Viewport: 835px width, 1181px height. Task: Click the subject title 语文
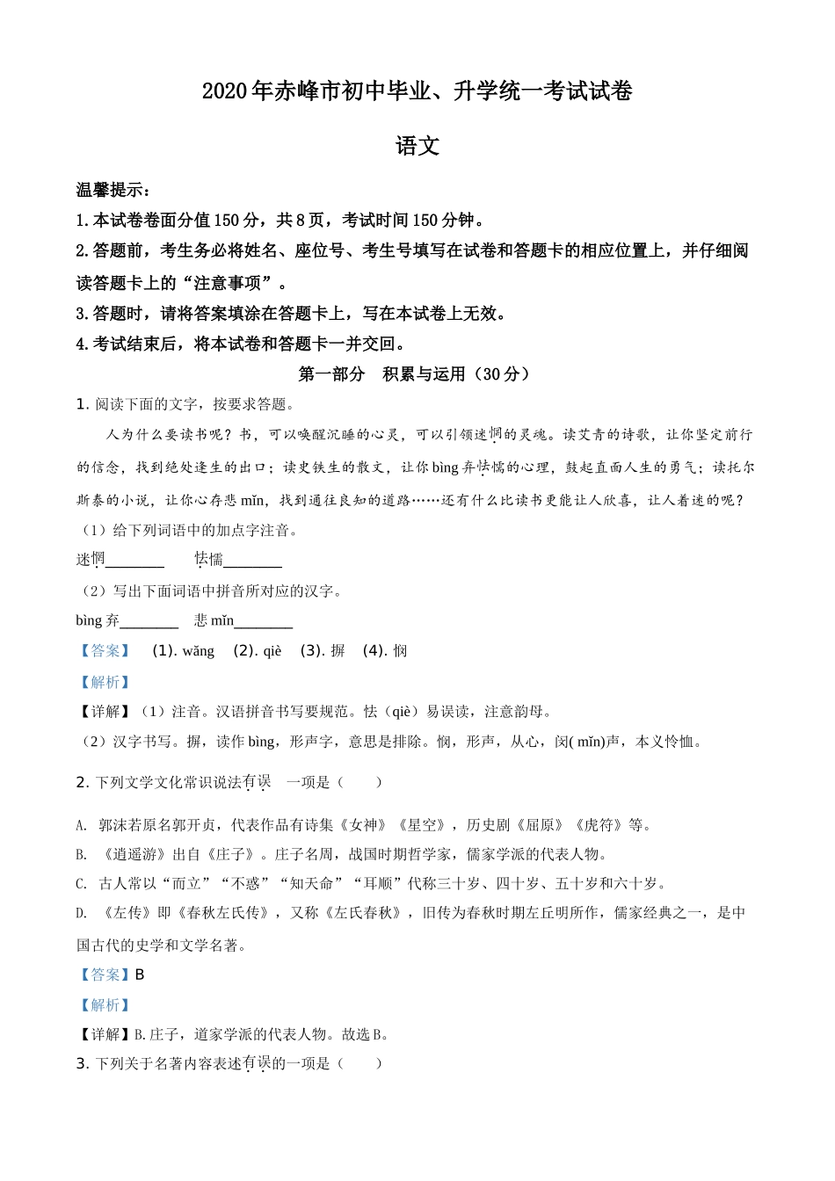(417, 146)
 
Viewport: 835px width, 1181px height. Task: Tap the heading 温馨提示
(112, 190)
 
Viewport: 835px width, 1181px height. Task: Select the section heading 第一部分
(331, 374)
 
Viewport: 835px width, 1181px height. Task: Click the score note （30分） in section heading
(502, 374)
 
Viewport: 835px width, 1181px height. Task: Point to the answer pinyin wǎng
(199, 651)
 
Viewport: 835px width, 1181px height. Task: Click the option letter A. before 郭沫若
(81, 825)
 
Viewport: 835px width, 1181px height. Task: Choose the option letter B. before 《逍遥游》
(81, 854)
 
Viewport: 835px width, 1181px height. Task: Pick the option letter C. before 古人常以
(81, 884)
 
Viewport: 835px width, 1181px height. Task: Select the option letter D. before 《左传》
(81, 914)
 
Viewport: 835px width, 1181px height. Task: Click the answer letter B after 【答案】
(140, 975)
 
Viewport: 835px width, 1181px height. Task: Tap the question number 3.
(82, 1064)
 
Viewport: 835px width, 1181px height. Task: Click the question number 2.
(82, 782)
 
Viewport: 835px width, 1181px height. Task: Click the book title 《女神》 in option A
(363, 825)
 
